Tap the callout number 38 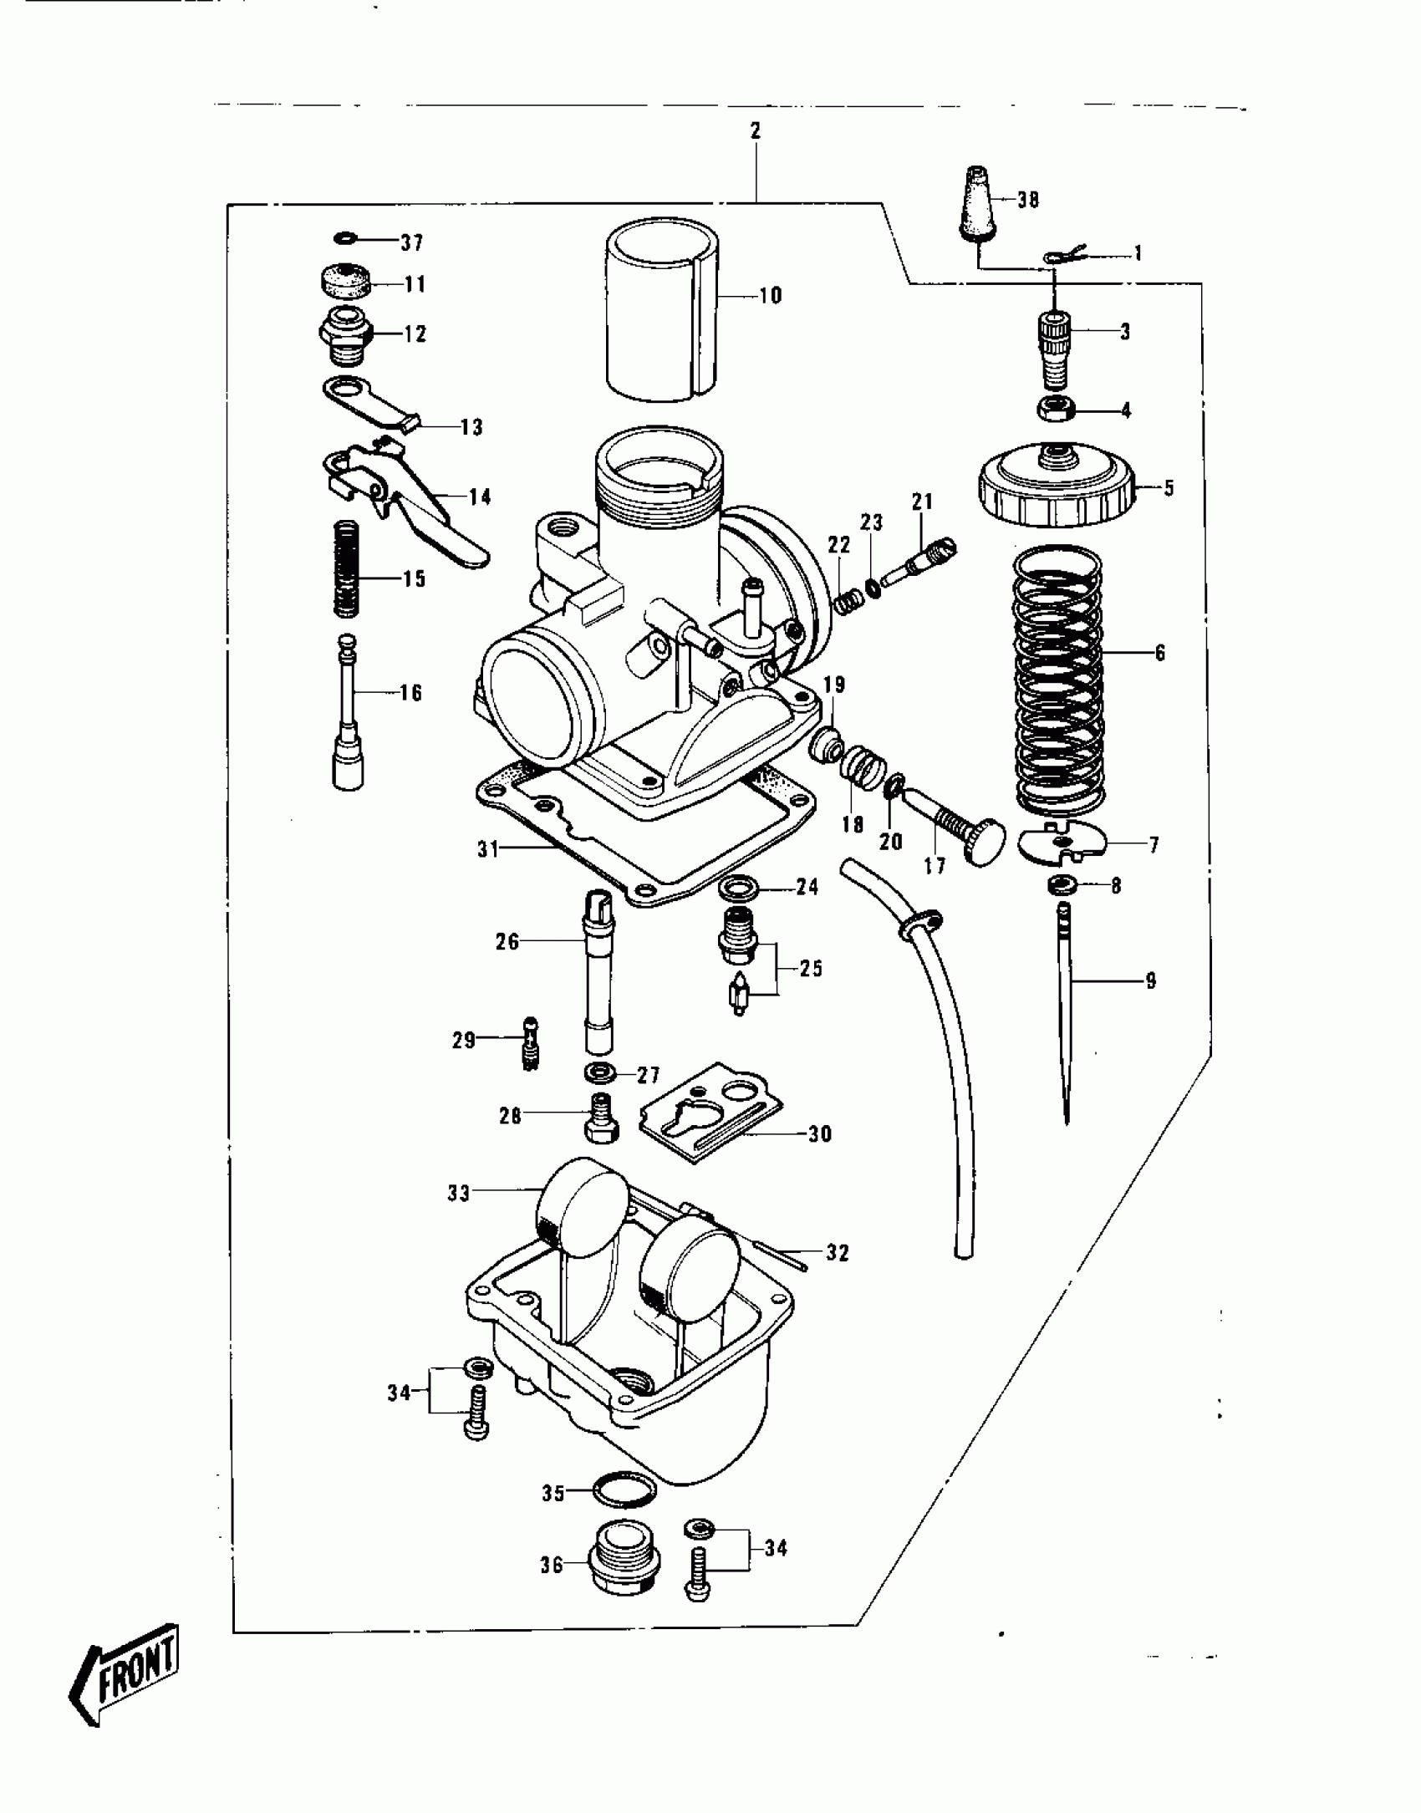tap(1028, 201)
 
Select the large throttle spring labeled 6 tap(1058, 680)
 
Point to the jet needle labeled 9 tap(1065, 1011)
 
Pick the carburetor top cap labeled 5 tap(1057, 487)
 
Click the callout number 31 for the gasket tap(487, 849)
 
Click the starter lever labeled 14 tap(401, 502)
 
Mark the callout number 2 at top tap(756, 131)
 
